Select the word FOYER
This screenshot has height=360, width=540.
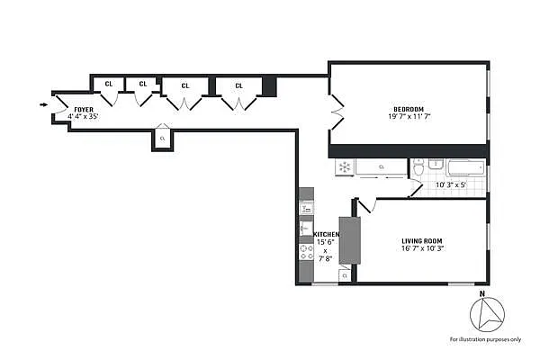click(84, 109)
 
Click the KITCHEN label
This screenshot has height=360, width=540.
click(326, 235)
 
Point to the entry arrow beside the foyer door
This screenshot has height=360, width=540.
click(44, 104)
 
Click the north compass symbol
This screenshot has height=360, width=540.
click(486, 315)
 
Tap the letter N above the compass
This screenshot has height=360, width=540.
click(482, 293)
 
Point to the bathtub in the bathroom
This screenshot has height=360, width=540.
click(464, 166)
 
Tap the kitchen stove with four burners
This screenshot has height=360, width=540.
click(306, 252)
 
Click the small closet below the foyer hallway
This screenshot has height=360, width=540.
click(162, 139)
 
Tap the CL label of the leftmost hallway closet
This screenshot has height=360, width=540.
click(108, 84)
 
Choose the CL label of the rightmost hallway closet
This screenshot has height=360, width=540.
click(238, 85)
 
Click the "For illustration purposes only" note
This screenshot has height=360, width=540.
click(487, 339)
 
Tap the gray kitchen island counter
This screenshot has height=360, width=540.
click(348, 239)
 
